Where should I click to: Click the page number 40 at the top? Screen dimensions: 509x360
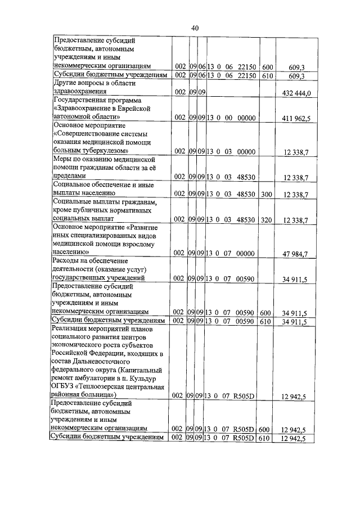pyautogui.click(x=195, y=28)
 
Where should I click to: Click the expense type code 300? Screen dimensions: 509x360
pyautogui.click(x=265, y=194)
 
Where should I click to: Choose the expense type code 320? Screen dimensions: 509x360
pyautogui.click(x=265, y=219)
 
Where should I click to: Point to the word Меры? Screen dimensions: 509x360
pyautogui.click(x=61, y=160)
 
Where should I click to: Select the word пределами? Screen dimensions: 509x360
pyautogui.click(x=69, y=177)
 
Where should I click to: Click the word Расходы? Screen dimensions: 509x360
pyautogui.click(x=66, y=261)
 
